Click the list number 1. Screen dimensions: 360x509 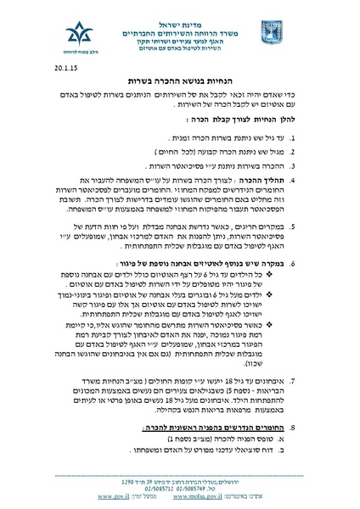tap(318, 137)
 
